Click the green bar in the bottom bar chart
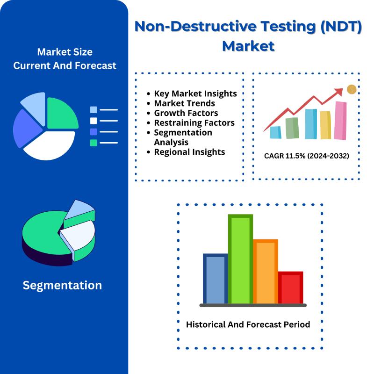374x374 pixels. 240,259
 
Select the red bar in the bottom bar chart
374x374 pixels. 290,288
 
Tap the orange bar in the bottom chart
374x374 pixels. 266,272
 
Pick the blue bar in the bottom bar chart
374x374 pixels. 216,279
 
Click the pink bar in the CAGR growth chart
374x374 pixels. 340,121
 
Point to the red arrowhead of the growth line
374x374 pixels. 339,91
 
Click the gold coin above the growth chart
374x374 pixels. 352,89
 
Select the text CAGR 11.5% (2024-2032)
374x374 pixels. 307,156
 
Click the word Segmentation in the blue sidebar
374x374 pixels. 62,285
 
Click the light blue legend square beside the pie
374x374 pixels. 93,110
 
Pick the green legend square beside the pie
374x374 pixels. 93,143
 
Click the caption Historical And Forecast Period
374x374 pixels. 248,324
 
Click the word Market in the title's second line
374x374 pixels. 248,46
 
